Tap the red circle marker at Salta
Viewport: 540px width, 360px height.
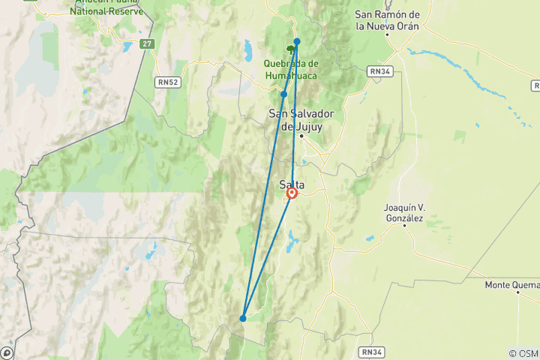point(292,193)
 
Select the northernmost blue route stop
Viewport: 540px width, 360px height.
point(297,41)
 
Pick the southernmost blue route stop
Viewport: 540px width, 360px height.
point(243,318)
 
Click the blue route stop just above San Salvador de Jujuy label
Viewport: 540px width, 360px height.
point(284,94)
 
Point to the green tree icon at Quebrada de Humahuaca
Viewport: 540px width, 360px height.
point(290,52)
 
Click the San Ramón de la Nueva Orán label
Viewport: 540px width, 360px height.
point(387,20)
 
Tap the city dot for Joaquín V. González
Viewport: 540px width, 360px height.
point(404,225)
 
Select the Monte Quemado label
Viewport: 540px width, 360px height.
point(512,284)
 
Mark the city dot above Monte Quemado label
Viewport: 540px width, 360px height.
point(517,292)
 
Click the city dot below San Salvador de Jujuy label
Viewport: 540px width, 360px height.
point(301,136)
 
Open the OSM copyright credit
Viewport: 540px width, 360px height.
point(523,353)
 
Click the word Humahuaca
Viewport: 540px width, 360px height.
point(292,76)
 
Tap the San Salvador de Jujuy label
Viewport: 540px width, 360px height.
point(301,120)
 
